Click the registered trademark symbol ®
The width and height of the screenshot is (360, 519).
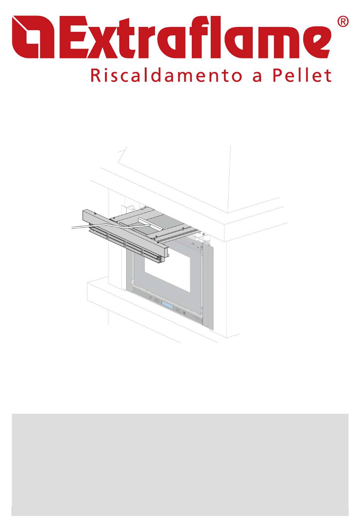tap(343, 22)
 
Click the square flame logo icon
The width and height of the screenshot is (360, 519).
tap(33, 37)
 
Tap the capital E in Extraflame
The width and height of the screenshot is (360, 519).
tap(74, 37)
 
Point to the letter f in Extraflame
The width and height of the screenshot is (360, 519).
tap(207, 37)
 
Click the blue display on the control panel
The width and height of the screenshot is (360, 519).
tap(167, 305)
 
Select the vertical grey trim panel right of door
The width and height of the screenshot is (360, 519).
tap(208, 286)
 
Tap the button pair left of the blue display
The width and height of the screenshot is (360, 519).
tap(157, 301)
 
